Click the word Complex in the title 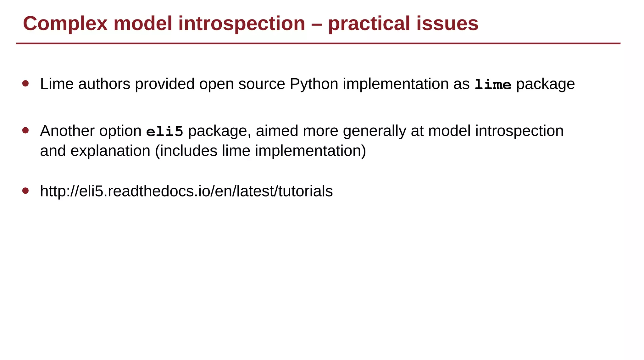65,24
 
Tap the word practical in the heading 369,24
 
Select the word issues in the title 447,24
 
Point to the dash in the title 316,24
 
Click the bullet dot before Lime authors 26,84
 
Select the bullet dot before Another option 26,130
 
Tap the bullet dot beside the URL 26,191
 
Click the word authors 104,84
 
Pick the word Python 314,84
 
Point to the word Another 67,131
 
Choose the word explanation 110,151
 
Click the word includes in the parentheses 188,151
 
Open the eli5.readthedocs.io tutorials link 186,191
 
